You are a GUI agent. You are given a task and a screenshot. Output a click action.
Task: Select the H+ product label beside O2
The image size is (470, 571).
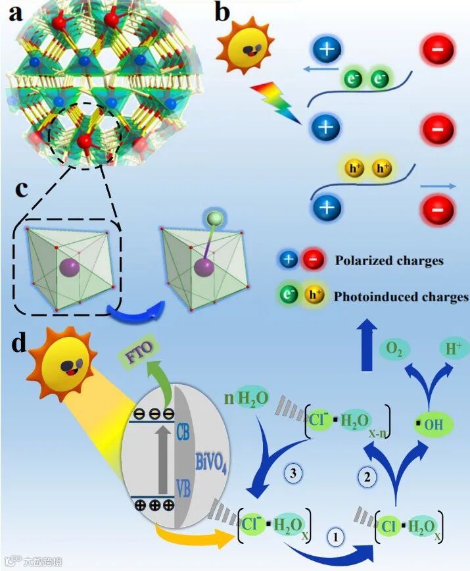pyautogui.click(x=451, y=348)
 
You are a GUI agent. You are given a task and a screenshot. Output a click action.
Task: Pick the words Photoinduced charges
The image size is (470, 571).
pyautogui.click(x=401, y=296)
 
